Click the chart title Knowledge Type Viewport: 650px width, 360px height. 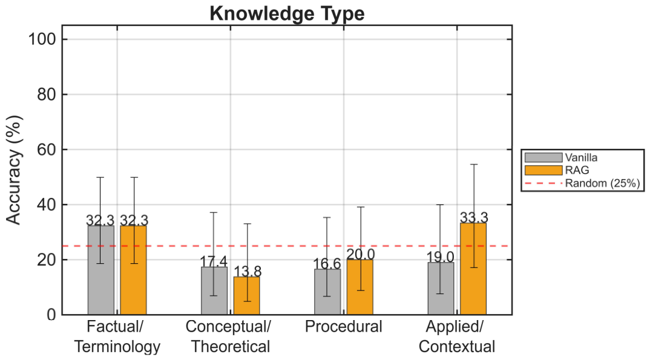point(287,13)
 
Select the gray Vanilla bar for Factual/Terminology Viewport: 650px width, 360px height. point(100,270)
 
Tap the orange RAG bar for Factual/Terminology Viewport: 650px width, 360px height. point(134,270)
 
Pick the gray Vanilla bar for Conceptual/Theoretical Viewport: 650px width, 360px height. point(214,291)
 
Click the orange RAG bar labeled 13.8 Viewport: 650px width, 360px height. point(247,296)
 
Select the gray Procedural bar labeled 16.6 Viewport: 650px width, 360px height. point(327,292)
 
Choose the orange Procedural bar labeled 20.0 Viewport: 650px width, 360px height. point(360,287)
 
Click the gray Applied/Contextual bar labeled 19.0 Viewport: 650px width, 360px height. point(441,289)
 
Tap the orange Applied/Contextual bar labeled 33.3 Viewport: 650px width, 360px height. point(473,269)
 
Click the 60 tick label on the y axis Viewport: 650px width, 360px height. point(47,149)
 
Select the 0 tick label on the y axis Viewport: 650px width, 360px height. point(51,315)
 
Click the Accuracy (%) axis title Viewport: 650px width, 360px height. point(14,170)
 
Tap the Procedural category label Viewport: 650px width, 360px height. point(344,327)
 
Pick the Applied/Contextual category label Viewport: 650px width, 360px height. point(457,336)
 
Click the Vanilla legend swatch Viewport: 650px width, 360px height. point(543,157)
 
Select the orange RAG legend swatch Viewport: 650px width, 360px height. point(543,170)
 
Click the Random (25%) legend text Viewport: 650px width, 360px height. point(603,183)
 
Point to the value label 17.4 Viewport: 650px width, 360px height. point(214,261)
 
